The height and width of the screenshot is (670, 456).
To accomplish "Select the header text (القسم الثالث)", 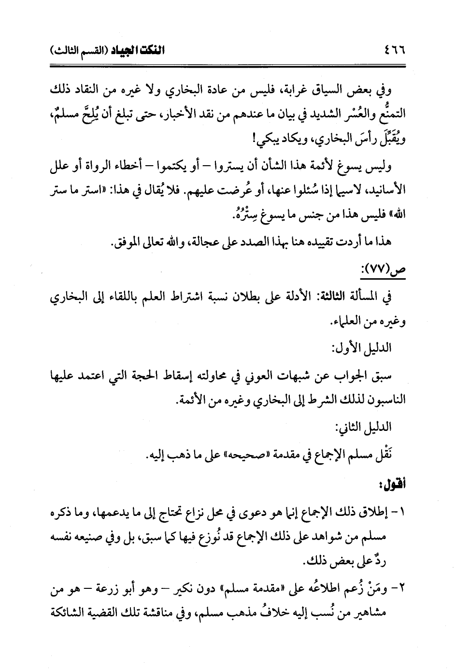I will point(80,50).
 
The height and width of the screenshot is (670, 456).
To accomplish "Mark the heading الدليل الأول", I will point(367,348).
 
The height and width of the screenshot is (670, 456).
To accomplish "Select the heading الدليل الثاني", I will point(367,427).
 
